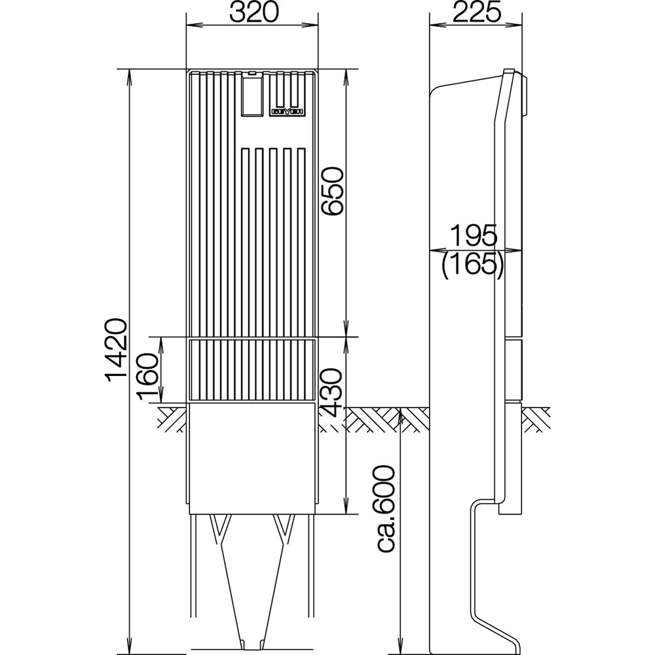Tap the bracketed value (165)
472,265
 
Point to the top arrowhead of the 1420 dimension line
130,73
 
